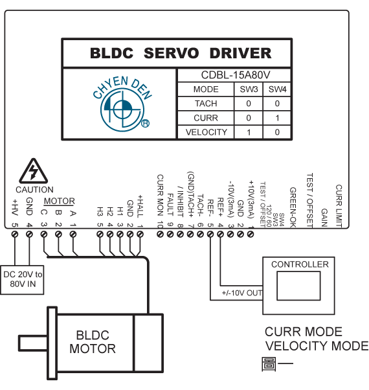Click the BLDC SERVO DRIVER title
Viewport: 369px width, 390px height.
tap(181, 53)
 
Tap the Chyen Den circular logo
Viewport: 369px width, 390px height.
tap(122, 110)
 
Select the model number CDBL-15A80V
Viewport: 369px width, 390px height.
tap(235, 75)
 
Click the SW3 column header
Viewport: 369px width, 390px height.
tap(249, 89)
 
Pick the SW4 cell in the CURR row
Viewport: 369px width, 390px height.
tap(277, 118)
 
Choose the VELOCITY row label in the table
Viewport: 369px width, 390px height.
tap(207, 132)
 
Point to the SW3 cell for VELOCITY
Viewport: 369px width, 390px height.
tap(249, 132)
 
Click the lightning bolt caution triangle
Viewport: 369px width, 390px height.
tap(33, 171)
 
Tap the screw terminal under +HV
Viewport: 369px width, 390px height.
tap(15, 235)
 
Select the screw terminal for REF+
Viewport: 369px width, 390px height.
tap(220, 235)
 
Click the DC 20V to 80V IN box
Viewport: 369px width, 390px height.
tap(22, 280)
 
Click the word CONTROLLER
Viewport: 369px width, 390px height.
tap(300, 264)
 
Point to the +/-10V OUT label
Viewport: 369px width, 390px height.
tap(241, 293)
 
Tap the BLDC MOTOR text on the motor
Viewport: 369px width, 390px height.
tap(93, 342)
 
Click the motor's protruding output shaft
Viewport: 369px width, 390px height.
tap(33, 343)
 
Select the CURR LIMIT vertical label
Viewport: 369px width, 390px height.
tap(339, 206)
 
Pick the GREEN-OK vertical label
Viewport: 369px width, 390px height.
tap(293, 207)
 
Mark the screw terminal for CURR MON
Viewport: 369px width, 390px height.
tap(160, 235)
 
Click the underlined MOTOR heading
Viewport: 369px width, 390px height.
tap(60, 201)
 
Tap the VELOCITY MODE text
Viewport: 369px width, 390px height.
tap(317, 346)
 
